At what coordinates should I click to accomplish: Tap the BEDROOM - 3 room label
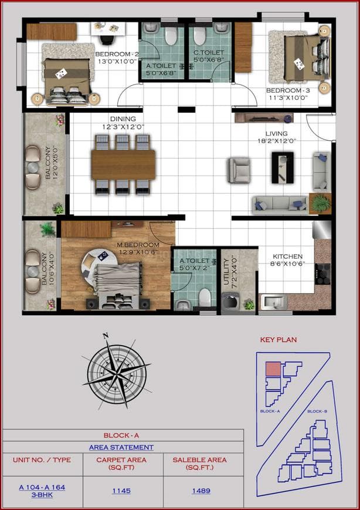coord(287,90)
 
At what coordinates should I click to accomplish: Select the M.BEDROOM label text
coord(138,244)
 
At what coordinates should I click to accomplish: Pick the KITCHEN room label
coord(287,256)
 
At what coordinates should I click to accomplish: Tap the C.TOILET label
coord(208,52)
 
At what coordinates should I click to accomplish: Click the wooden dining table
coord(123,164)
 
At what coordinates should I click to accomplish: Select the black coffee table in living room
coord(282,167)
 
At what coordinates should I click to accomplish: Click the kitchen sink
coord(273,303)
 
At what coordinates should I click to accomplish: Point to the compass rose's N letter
coord(106,336)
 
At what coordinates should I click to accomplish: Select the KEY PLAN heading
coord(279,340)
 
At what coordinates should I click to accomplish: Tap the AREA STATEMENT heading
coord(121,448)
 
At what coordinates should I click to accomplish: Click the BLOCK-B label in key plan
coord(317,411)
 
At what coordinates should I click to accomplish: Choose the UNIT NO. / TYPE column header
coord(42,460)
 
